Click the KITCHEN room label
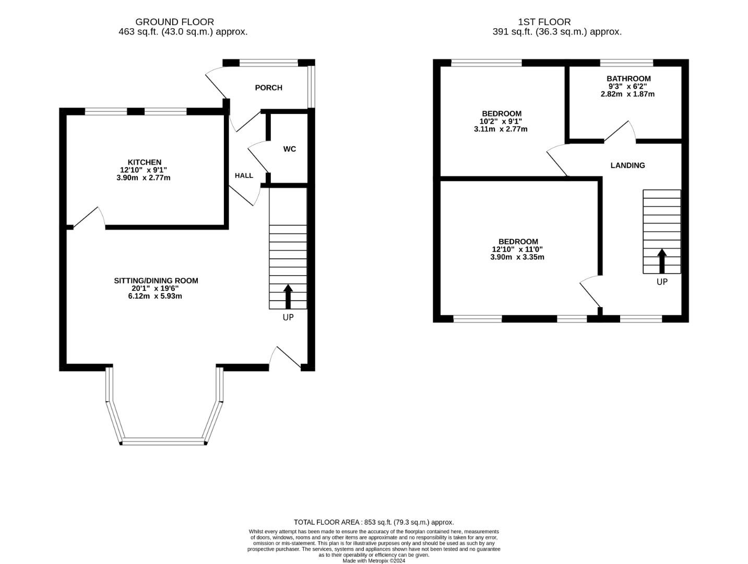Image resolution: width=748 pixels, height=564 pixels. tap(145, 162)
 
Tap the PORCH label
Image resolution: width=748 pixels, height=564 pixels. tap(268, 88)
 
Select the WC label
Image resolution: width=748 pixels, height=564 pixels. tap(290, 149)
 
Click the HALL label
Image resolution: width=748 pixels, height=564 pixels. tap(244, 175)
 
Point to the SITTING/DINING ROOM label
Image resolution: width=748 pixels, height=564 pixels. tap(156, 280)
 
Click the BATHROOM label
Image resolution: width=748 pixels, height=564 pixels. tap(628, 79)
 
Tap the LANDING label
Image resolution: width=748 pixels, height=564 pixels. tap(627, 166)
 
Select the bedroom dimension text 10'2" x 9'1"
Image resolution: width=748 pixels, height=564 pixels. tap(501, 121)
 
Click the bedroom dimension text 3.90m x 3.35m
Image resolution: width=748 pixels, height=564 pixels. tap(517, 257)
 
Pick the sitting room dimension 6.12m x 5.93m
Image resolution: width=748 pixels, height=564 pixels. tap(156, 296)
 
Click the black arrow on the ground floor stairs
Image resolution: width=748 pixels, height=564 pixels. tap(288, 297)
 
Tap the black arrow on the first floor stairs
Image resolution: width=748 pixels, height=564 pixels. tap(662, 261)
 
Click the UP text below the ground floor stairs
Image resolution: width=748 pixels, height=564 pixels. tap(288, 318)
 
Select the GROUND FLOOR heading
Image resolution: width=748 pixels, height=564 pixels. tap(174, 22)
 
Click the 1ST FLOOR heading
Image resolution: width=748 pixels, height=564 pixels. tap(544, 22)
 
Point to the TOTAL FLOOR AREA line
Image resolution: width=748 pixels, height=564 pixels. tap(374, 522)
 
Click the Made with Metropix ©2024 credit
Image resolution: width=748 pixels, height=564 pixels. tap(374, 561)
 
